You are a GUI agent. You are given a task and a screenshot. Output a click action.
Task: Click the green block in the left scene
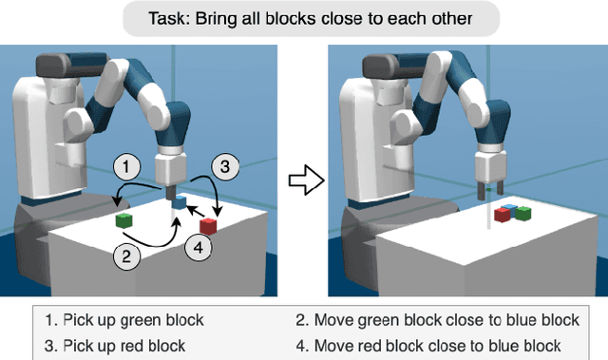click(x=123, y=220)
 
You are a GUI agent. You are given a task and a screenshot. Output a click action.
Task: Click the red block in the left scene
click(x=208, y=226)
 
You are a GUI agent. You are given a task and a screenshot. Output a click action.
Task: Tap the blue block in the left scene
click(x=180, y=201)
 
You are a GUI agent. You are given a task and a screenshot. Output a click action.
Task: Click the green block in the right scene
click(x=522, y=213)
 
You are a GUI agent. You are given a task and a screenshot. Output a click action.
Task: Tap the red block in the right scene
click(x=501, y=216)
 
